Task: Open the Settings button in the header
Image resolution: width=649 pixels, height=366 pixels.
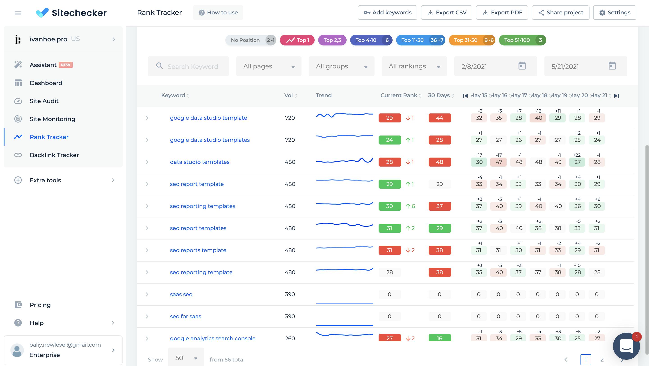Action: point(615,13)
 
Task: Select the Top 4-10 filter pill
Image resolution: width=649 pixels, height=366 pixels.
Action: point(371,40)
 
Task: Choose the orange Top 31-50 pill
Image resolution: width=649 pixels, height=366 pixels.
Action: point(472,40)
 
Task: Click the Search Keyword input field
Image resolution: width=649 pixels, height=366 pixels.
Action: point(193,66)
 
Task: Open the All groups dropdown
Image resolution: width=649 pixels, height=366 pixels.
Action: point(341,66)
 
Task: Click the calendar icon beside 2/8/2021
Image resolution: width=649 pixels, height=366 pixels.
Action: point(522,66)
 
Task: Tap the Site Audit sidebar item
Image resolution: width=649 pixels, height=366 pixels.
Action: point(44,101)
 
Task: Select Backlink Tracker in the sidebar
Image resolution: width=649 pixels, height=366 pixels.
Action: point(54,155)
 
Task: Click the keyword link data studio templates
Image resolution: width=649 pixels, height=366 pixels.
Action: point(199,162)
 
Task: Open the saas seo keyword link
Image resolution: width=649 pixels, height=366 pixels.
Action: point(181,294)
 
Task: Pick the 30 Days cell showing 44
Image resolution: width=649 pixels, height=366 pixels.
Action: point(439,118)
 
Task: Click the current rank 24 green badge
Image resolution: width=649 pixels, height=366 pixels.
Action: point(389,140)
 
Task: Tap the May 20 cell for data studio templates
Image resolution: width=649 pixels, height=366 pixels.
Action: point(577,162)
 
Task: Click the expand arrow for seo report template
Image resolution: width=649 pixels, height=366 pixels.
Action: point(147,184)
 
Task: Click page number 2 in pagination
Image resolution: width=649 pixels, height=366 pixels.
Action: point(602,359)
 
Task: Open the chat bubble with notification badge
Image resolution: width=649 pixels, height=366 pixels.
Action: point(626,346)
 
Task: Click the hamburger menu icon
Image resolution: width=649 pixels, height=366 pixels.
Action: point(18,13)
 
